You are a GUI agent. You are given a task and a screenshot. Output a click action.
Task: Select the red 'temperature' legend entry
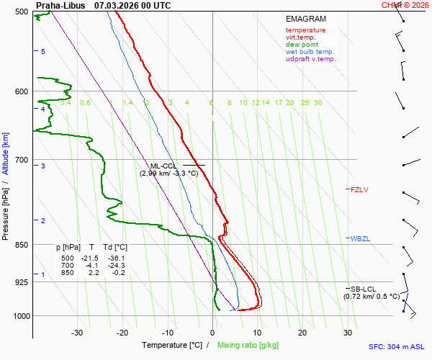[305, 30]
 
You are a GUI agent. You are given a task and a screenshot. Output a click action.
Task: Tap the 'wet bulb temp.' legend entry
[310, 52]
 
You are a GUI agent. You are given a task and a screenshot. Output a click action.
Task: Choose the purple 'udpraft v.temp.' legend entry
[310, 59]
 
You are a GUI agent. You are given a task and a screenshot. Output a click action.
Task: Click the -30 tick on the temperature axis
[77, 333]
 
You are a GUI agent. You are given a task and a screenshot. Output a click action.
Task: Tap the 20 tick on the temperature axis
[302, 333]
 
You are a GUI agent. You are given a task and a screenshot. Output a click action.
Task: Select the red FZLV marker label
[359, 190]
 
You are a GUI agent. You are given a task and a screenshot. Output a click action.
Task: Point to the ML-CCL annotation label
[163, 166]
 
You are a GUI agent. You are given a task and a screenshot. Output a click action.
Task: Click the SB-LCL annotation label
[364, 289]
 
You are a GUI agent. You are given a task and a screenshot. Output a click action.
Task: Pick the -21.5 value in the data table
[90, 258]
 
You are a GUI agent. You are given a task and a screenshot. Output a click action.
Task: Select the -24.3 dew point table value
[116, 265]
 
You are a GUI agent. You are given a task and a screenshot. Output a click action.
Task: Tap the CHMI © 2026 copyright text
[406, 5]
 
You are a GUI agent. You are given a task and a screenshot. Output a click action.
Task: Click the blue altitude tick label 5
[43, 52]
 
